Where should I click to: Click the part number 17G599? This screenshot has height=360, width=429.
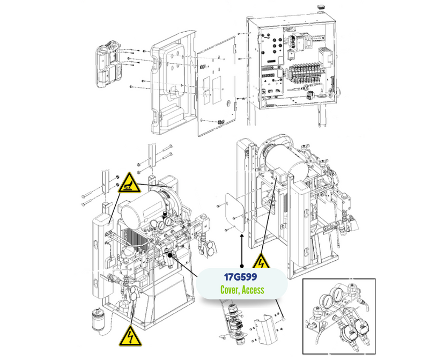[241, 278]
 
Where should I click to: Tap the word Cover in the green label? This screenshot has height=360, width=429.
[230, 290]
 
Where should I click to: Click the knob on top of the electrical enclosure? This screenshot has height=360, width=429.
[322, 7]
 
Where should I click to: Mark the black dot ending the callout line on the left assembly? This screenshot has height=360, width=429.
[172, 255]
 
